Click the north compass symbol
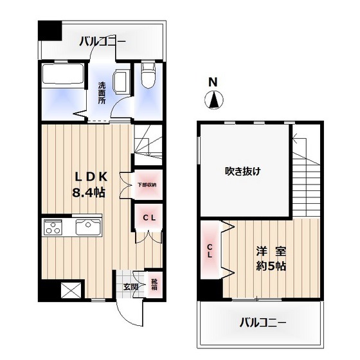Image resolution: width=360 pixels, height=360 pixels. pyautogui.click(x=214, y=100)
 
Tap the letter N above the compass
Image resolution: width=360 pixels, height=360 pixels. pyautogui.click(x=213, y=82)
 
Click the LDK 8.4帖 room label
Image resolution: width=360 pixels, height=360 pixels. pyautogui.click(x=89, y=184)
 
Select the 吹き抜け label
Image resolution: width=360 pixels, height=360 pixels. pyautogui.click(x=242, y=171)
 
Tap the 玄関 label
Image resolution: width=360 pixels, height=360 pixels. pyautogui.click(x=130, y=287)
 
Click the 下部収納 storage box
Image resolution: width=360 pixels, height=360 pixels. pyautogui.click(x=147, y=185)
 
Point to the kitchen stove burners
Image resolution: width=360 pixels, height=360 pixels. pyautogui.click(x=52, y=226)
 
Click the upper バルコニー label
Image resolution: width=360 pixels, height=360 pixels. pyautogui.click(x=102, y=42)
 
